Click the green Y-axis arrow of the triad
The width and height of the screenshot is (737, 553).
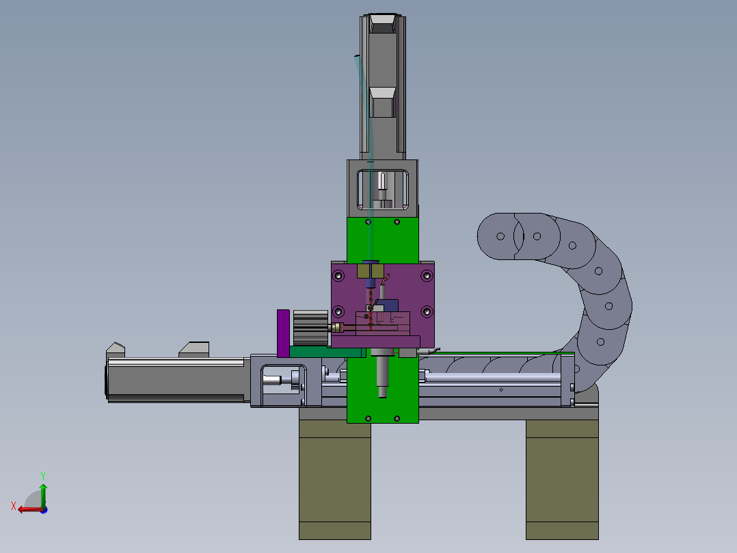[43, 495]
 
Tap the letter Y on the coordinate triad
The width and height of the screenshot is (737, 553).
[43, 476]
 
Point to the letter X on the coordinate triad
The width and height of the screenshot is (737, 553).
[14, 506]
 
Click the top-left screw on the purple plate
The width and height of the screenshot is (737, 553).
[338, 275]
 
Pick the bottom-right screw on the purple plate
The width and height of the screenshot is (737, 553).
[427, 311]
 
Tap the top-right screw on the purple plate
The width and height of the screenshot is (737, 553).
[427, 275]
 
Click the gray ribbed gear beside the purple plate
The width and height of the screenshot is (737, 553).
[310, 328]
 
